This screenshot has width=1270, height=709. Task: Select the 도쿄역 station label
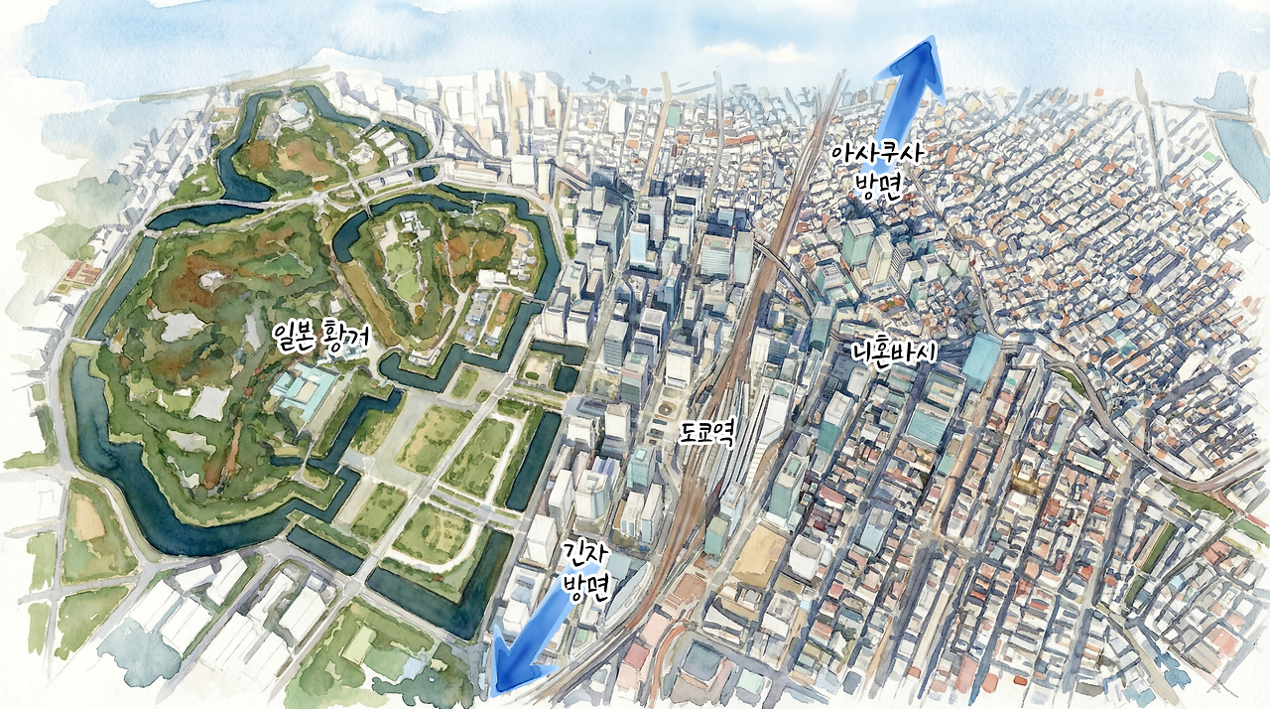[707, 433]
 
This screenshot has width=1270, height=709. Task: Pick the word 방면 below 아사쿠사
[879, 190]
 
